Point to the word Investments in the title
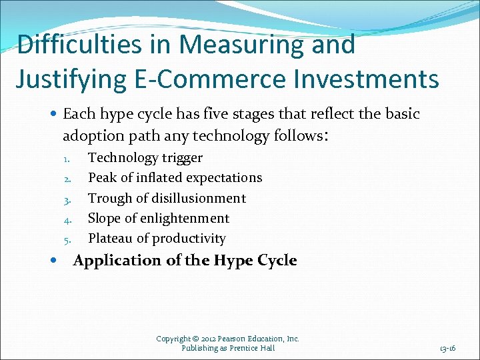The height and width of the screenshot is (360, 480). point(365,79)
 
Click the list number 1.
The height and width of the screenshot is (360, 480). point(67,159)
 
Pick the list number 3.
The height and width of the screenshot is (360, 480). point(67,199)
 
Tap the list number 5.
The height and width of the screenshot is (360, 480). point(67,239)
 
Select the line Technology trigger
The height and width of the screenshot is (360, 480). point(145,158)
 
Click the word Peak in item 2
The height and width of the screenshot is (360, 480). point(102,178)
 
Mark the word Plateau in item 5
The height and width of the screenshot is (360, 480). point(110,238)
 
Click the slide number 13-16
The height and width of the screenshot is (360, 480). point(447,348)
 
